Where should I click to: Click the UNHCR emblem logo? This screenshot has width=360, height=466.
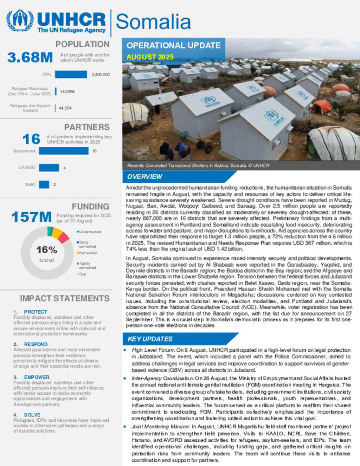(20, 21)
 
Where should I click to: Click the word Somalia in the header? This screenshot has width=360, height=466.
(153, 22)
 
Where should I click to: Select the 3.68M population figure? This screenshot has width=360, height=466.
(30, 57)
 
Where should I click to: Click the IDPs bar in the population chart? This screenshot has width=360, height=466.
(71, 75)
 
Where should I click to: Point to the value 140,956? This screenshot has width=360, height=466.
(67, 91)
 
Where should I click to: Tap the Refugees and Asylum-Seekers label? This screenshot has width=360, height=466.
(31, 108)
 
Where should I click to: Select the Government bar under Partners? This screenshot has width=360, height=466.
(64, 151)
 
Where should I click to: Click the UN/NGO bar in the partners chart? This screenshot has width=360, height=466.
(49, 168)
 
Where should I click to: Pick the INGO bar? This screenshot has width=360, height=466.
(44, 184)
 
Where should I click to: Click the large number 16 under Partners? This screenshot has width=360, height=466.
(31, 139)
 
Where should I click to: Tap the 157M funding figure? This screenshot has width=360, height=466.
(31, 217)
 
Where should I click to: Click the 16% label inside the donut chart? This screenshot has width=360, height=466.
(46, 250)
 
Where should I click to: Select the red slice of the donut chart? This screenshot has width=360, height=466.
(63, 238)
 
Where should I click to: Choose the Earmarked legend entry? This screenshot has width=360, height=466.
(88, 253)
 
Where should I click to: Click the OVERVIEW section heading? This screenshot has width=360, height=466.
(145, 177)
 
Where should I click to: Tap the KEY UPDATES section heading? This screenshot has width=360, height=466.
(150, 339)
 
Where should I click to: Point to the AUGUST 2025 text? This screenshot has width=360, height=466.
(150, 57)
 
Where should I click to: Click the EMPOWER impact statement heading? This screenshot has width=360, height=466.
(37, 377)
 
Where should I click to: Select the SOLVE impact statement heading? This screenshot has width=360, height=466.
(32, 415)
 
